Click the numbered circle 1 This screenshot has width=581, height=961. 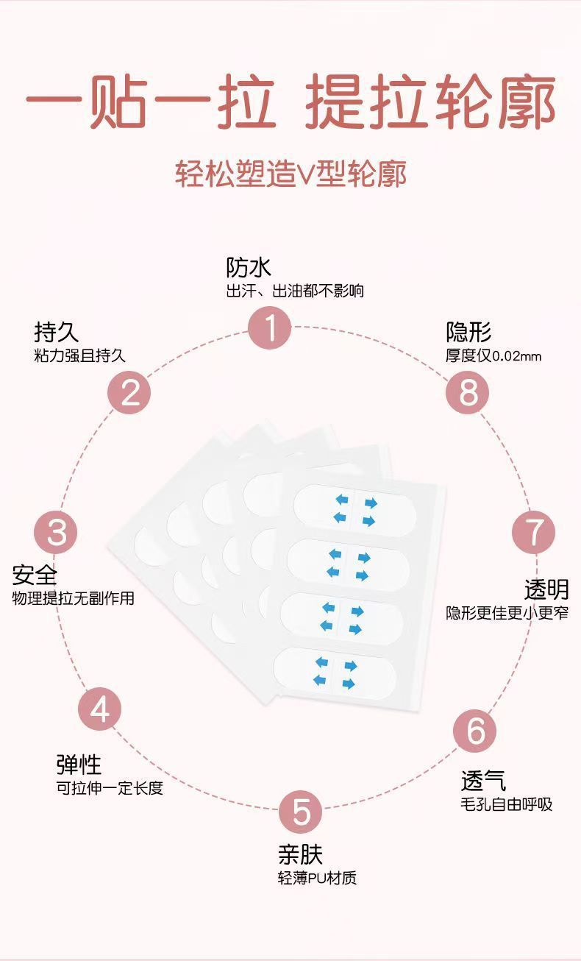(x=270, y=328)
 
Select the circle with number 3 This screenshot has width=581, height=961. (x=56, y=531)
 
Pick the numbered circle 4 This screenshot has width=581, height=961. (x=100, y=710)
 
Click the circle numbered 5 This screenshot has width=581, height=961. (x=301, y=812)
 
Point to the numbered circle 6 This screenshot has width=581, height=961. (x=475, y=731)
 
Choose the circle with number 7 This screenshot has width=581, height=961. (x=534, y=531)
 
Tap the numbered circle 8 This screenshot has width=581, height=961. (x=468, y=392)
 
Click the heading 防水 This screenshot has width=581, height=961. (x=249, y=267)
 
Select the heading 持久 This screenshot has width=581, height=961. (x=56, y=332)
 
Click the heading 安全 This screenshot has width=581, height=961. (x=35, y=574)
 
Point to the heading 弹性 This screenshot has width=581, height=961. (x=79, y=765)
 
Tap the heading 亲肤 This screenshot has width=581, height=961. (x=300, y=854)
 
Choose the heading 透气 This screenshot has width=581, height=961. (x=483, y=781)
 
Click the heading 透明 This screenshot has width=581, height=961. (x=546, y=589)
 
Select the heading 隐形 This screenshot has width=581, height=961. (x=468, y=332)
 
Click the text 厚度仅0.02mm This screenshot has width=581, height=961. (x=493, y=356)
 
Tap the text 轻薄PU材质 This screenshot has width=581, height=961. (x=317, y=878)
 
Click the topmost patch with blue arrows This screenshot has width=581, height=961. (x=355, y=510)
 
